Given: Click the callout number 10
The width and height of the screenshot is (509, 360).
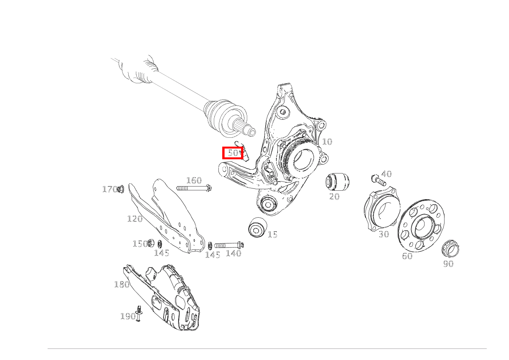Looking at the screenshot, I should (x=327, y=142).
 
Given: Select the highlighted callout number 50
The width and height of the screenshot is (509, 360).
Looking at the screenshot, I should (x=233, y=153).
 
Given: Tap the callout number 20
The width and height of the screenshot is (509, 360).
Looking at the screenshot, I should (x=334, y=197).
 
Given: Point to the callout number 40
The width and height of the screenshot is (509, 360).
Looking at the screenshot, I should (x=387, y=174).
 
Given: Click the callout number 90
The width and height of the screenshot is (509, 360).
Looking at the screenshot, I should (x=448, y=264).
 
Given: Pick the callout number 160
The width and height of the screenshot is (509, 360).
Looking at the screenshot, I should (x=194, y=180).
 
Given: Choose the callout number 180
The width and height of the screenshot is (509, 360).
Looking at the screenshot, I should (x=122, y=284).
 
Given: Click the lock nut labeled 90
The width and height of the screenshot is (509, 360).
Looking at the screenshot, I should (x=450, y=249).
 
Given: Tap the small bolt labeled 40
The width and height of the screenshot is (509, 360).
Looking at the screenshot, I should (x=378, y=180).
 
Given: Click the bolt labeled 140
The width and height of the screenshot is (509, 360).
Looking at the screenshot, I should (x=229, y=245).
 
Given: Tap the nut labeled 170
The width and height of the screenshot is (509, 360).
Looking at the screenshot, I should (x=120, y=189).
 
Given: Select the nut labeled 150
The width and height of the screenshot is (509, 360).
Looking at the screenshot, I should (x=151, y=243).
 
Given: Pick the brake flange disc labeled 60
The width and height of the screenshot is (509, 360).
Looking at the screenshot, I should (x=421, y=226).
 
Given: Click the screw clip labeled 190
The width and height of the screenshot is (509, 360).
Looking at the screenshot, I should (x=139, y=314).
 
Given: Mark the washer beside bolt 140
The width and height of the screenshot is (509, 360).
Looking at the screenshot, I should (x=210, y=245).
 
